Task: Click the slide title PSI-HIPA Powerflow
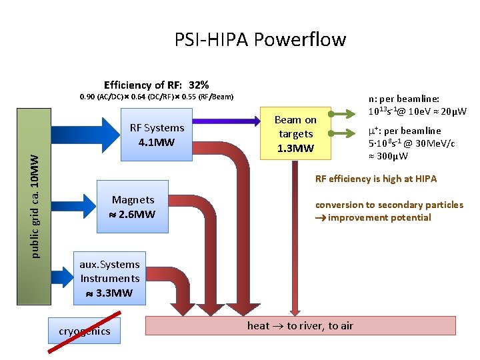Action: coord(260,40)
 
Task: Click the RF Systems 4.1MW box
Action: coord(156,135)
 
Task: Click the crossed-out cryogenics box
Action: coord(85,331)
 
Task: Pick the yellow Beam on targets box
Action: coord(295,134)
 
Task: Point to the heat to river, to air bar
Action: coord(300,325)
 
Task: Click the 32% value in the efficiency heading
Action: coord(199,85)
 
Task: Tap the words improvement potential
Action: coord(379,217)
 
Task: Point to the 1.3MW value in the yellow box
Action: coord(295,148)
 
